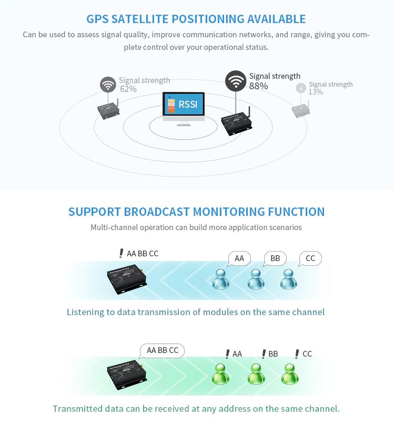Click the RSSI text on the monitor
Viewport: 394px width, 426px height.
point(188,104)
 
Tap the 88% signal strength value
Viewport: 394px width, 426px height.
point(258,86)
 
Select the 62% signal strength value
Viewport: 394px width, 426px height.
point(128,89)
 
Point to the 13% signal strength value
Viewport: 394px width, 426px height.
point(316,92)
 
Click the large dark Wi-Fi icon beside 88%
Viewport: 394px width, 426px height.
point(236,81)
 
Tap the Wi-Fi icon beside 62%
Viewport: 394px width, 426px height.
point(108,85)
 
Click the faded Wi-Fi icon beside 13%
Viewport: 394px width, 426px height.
point(301,88)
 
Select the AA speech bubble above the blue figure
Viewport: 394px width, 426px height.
point(239,258)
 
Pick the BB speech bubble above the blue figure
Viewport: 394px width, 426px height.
point(275,258)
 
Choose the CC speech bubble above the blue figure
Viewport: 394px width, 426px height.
point(310,258)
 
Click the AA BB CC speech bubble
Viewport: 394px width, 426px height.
point(162,351)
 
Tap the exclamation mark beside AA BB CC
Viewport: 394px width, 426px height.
point(122,253)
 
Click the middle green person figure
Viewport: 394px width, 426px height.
point(256,374)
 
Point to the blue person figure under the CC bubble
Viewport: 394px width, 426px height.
point(288,279)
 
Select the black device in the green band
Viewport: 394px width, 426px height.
point(127,375)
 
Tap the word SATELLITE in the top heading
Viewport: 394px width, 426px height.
point(140,19)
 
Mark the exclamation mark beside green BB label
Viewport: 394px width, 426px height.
point(264,354)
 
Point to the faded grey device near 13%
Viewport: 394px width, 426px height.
point(301,109)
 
